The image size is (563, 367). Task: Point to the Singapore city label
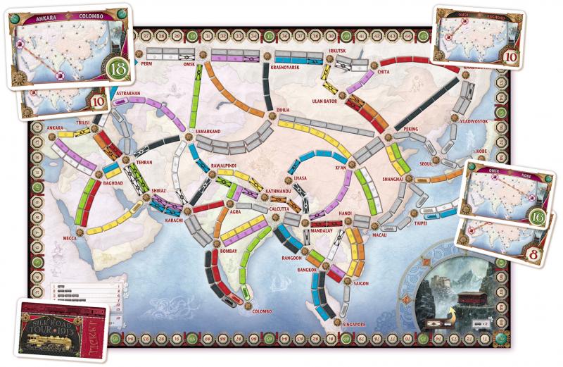click(350, 325)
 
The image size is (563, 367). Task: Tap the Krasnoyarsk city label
click(286, 68)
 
